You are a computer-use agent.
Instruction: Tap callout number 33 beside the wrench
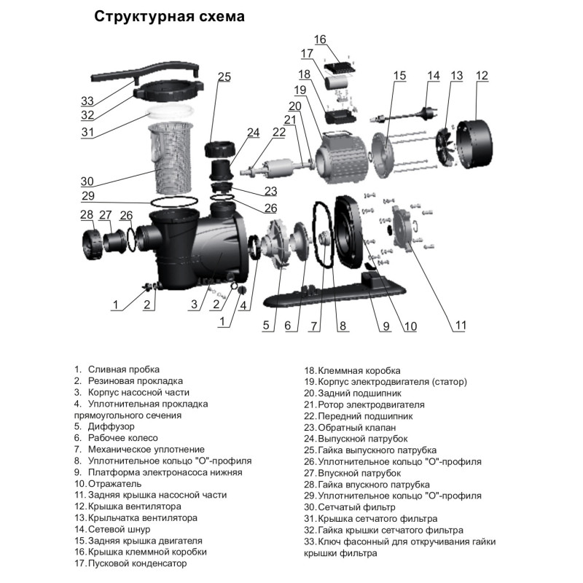(x=87, y=101)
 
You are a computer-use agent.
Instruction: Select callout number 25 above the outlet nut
(x=224, y=77)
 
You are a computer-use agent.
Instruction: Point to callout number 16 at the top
(x=321, y=39)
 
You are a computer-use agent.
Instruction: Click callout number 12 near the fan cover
(x=482, y=75)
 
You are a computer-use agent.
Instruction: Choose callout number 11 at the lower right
(x=460, y=326)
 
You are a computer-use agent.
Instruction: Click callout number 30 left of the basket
(x=87, y=181)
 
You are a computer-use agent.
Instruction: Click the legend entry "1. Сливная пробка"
(x=117, y=369)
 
